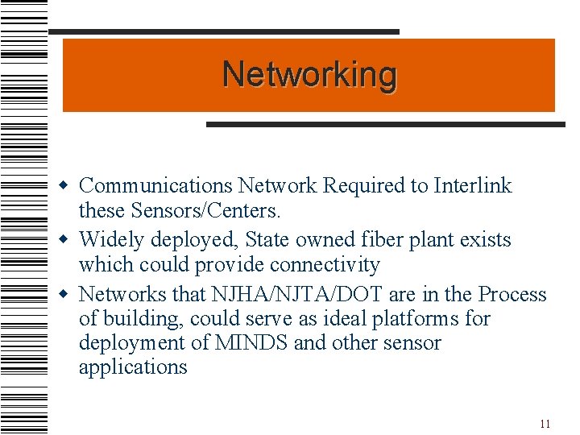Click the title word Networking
(309, 75)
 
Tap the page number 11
(545, 424)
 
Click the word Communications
(156, 186)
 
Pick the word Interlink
(472, 186)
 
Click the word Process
(512, 294)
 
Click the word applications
(133, 368)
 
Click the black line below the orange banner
(386, 124)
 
